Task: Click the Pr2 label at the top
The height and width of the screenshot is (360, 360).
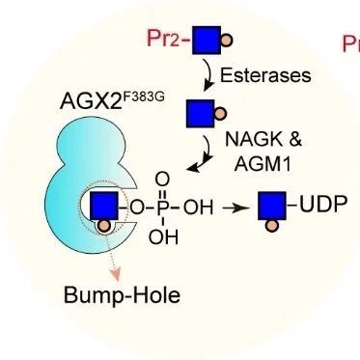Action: tap(162, 39)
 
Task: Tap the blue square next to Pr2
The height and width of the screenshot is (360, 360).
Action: tap(207, 41)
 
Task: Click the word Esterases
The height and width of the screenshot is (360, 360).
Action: tap(265, 75)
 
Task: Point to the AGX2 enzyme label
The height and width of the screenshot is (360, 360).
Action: tap(91, 100)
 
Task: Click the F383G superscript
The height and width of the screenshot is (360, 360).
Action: tap(143, 97)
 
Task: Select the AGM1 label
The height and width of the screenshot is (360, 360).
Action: tap(263, 163)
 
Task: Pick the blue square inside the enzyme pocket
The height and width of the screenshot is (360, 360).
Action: tap(104, 207)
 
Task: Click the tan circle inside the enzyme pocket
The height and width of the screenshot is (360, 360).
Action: tap(103, 226)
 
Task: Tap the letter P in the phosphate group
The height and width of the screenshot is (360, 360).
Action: tap(163, 208)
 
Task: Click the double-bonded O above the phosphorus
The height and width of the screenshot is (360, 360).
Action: tap(162, 180)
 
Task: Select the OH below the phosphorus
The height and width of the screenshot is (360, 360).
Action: tap(163, 237)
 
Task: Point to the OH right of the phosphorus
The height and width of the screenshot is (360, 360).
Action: tap(198, 208)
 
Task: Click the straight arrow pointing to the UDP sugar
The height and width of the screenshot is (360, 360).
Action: tap(235, 208)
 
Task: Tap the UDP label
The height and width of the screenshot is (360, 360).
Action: tap(323, 204)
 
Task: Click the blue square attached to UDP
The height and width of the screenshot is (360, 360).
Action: tap(272, 206)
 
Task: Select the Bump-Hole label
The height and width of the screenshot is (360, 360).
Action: tap(122, 295)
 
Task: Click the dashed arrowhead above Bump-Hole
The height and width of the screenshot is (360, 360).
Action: tap(116, 275)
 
